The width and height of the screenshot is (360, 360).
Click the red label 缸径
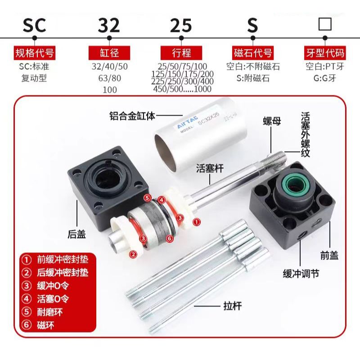click(x=109, y=53)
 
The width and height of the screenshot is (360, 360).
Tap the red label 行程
click(x=181, y=53)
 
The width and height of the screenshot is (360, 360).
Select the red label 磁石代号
click(x=253, y=53)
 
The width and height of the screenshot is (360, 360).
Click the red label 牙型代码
click(x=325, y=53)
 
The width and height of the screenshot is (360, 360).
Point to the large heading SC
click(x=35, y=25)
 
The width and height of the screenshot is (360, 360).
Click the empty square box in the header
click(x=325, y=24)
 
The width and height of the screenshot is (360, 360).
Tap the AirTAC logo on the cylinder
click(x=187, y=122)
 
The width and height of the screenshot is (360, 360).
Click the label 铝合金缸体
click(x=132, y=116)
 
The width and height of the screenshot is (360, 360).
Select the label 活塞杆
click(x=210, y=168)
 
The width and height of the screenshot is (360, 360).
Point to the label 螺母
click(x=272, y=121)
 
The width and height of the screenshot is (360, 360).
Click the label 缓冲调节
click(x=301, y=274)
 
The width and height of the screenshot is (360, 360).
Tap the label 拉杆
click(x=232, y=306)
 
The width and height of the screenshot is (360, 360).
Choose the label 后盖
click(x=76, y=234)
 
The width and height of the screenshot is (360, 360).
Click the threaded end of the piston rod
click(x=277, y=161)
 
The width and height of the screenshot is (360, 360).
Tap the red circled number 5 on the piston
click(x=147, y=198)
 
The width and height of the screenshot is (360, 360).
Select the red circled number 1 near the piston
click(x=197, y=222)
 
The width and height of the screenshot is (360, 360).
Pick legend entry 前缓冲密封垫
click(x=55, y=260)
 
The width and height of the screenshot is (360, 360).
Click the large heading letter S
click(x=252, y=25)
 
